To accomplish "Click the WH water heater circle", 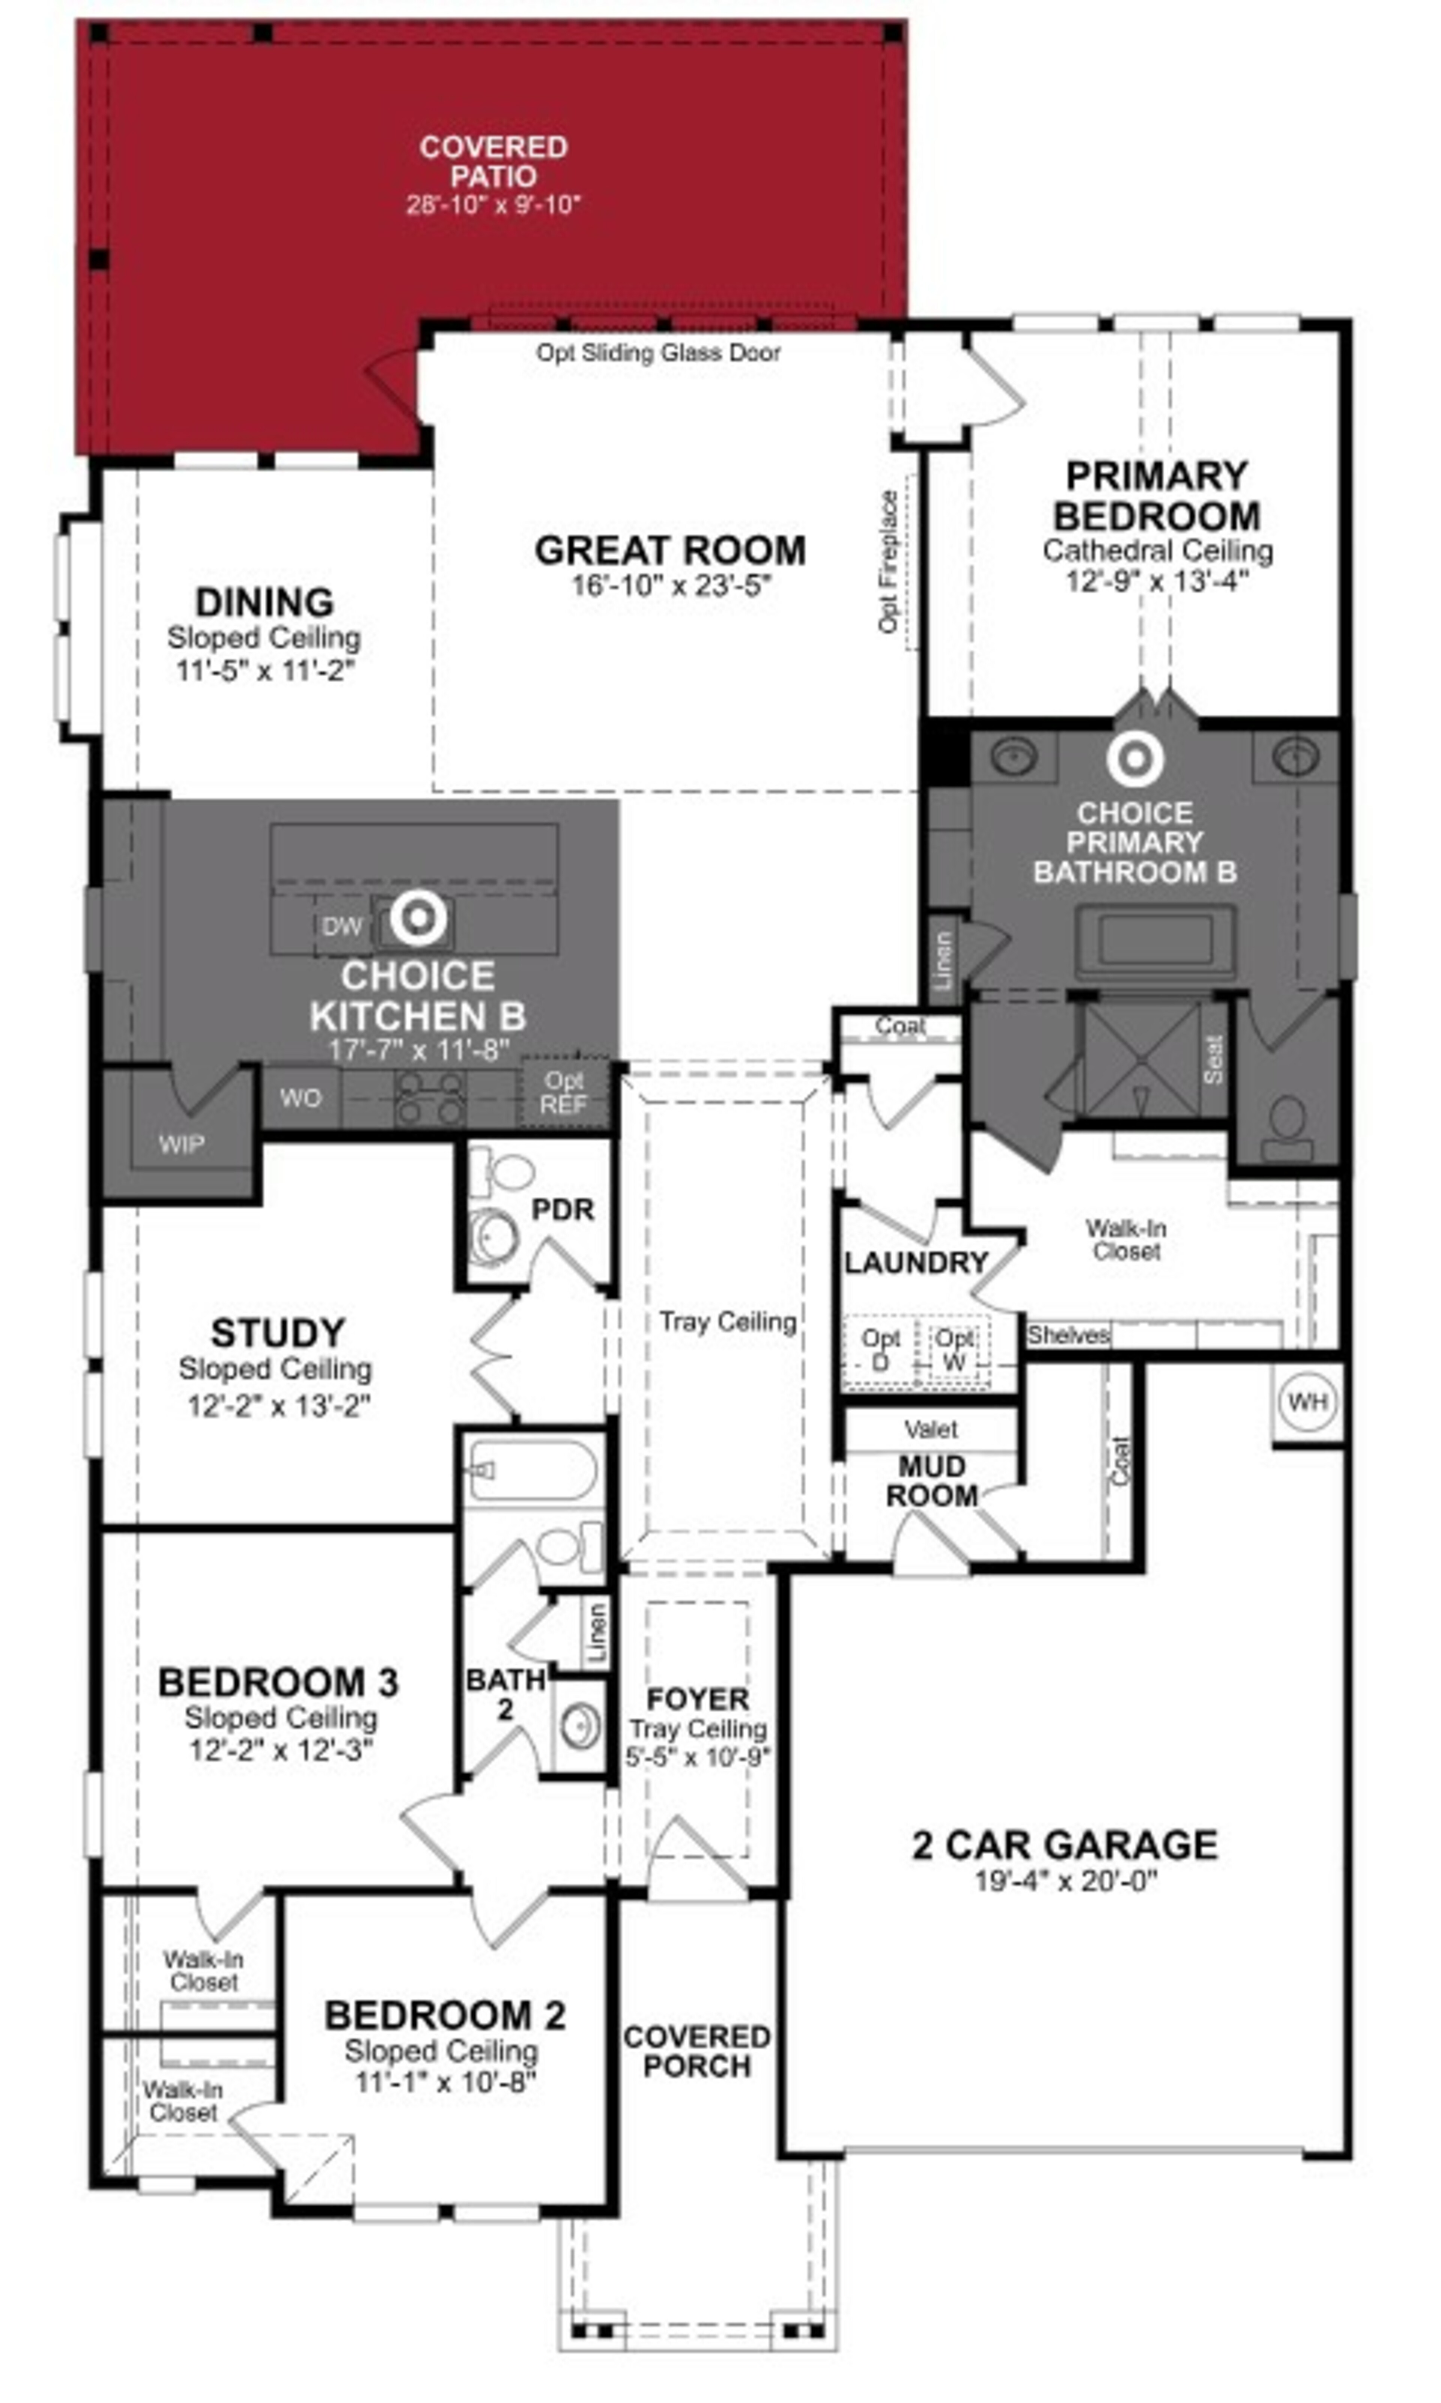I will [1307, 1402].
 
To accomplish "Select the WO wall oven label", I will [300, 1098].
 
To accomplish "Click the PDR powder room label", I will [562, 1209].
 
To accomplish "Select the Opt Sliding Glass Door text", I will [658, 352].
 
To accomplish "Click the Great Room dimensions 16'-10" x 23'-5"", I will [670, 586].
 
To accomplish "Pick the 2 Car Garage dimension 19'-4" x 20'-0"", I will [1065, 1881].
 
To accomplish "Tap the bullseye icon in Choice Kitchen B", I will [418, 917].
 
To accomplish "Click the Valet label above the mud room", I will [930, 1429].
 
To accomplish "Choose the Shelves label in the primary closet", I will [1068, 1336].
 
